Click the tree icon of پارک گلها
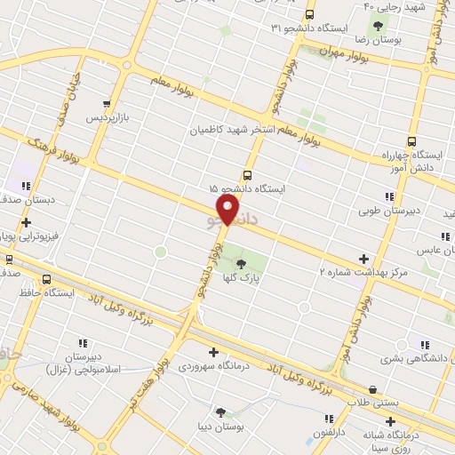coord(242,262)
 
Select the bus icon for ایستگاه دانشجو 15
coord(246,174)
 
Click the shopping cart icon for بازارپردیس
coord(108,103)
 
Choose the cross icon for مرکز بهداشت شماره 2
coord(363,259)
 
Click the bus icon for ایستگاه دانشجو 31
coord(309,14)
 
